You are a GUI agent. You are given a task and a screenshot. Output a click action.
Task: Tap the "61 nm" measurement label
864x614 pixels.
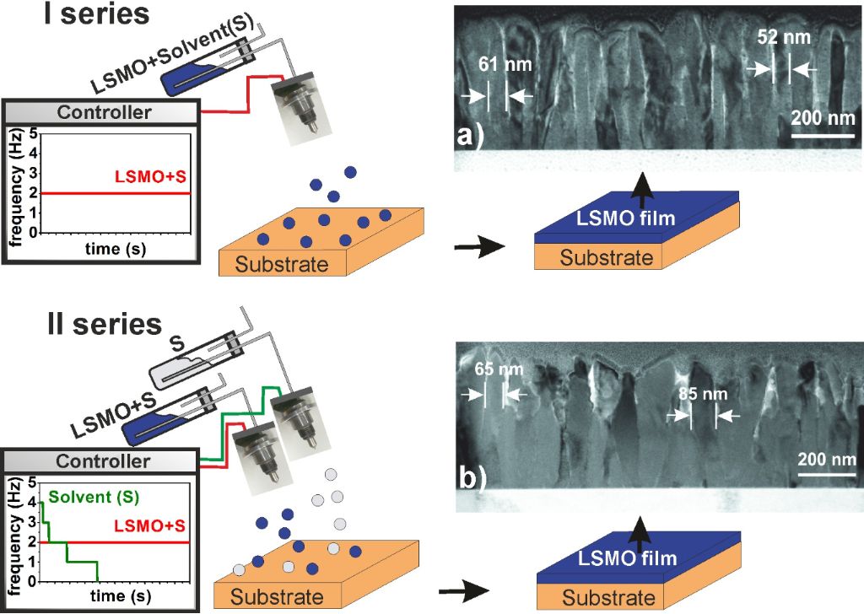pyautogui.click(x=494, y=65)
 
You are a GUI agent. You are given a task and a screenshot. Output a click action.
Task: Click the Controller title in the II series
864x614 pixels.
pyautogui.click(x=102, y=461)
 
